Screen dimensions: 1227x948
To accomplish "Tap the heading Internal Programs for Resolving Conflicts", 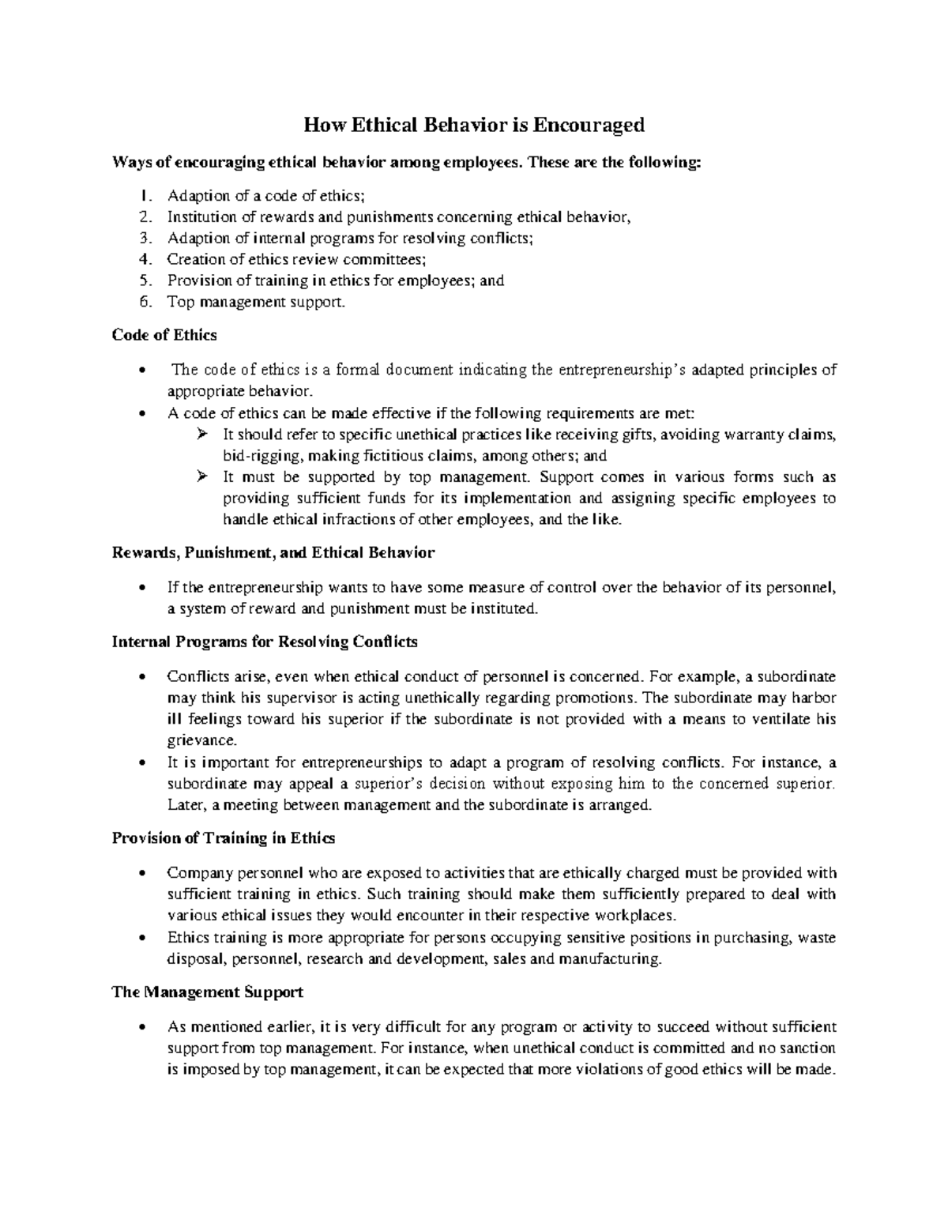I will click(x=265, y=642).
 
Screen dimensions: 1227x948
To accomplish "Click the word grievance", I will click(x=201, y=741).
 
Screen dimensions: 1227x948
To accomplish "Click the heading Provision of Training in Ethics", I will click(x=224, y=838).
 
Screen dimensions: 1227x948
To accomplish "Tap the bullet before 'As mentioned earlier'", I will click(x=141, y=1028).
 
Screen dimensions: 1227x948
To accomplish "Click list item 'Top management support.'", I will click(x=256, y=302).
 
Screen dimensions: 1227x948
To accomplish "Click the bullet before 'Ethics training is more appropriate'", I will click(x=141, y=939).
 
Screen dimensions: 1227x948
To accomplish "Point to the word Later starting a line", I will click(x=182, y=806).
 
